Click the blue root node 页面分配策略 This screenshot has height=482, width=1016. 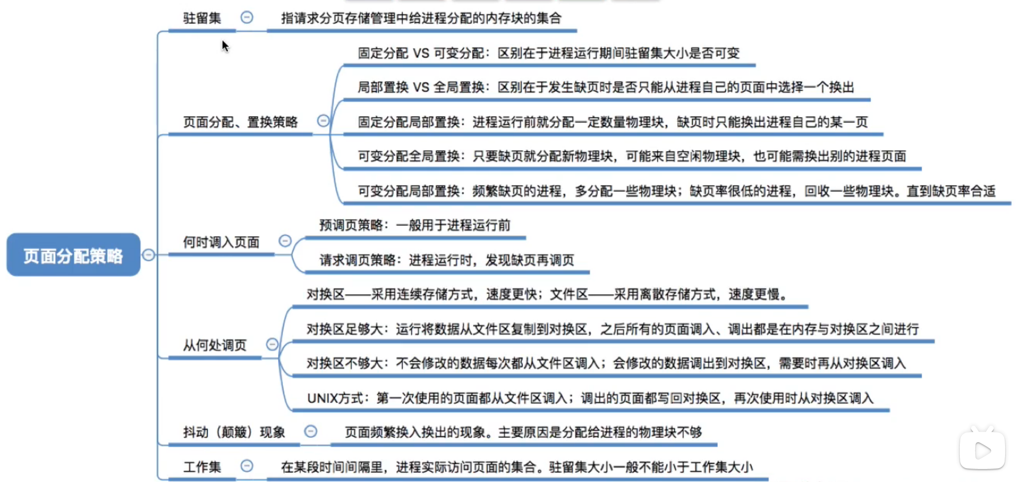pos(73,255)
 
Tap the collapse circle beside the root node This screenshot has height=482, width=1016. pos(148,255)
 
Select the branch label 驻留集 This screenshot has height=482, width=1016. pos(202,18)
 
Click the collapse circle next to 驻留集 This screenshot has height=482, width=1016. pos(247,17)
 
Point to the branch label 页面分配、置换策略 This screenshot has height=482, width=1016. pos(240,122)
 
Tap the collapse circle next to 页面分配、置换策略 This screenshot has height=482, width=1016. pos(323,121)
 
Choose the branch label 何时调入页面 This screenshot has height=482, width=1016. pos(221,242)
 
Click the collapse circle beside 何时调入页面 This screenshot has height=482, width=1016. pos(285,241)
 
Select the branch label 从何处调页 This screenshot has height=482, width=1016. pos(215,345)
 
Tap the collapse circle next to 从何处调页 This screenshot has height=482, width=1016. pos(272,344)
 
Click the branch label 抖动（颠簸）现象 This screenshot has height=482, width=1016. pos(234,432)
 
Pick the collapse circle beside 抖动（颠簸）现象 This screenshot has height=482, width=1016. pos(311,431)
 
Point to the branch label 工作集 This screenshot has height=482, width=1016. pos(202,467)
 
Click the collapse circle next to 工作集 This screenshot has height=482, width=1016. pos(247,466)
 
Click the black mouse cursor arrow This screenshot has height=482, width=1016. pos(225,46)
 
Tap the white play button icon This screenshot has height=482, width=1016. pos(982,451)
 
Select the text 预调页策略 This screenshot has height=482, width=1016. pos(351,225)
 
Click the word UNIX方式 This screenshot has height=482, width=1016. pos(335,398)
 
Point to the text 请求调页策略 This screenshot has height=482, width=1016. pos(357,260)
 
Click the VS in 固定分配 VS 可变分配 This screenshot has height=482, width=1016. pos(421,53)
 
